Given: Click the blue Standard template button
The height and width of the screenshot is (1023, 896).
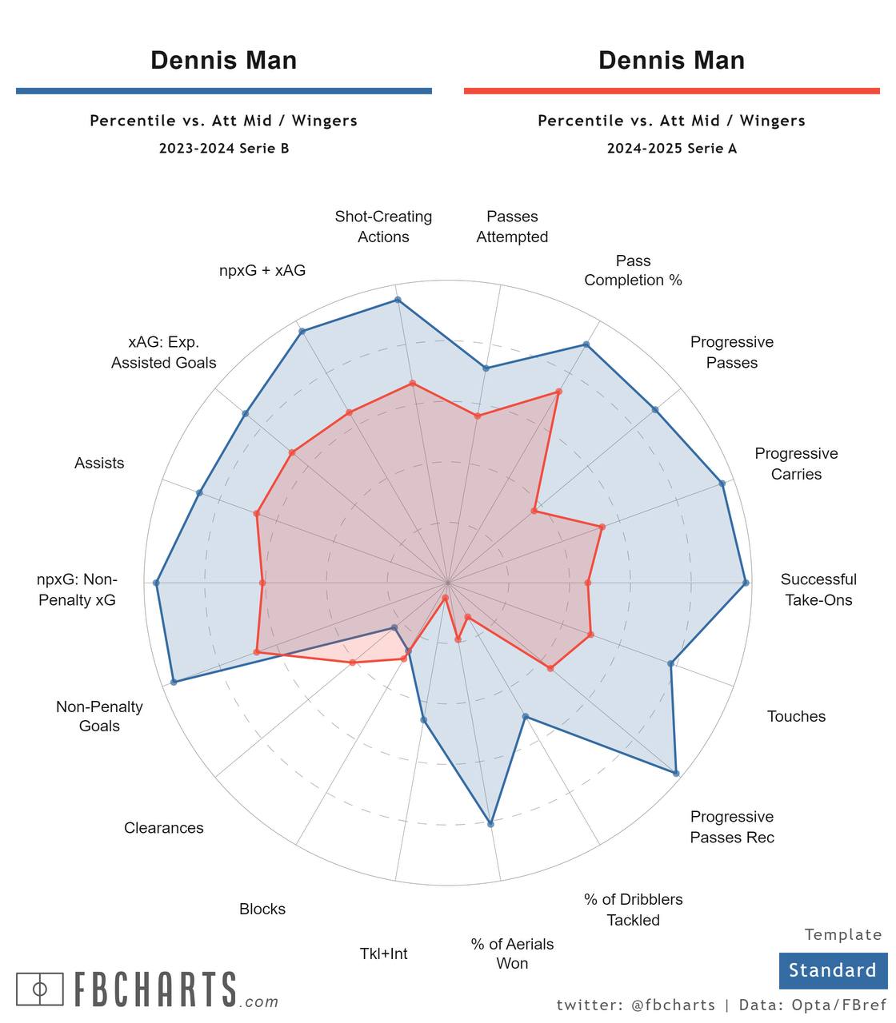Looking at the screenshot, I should click(x=833, y=970).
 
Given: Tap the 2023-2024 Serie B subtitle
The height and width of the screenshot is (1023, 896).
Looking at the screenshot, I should click(x=223, y=148).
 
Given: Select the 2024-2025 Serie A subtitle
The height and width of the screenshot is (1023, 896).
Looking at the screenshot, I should click(x=671, y=148).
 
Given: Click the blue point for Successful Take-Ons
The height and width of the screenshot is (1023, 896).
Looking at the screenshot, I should click(x=746, y=583).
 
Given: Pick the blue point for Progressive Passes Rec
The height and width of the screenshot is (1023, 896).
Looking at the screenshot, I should click(x=676, y=773).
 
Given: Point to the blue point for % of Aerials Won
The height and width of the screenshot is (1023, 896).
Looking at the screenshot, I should click(x=490, y=823).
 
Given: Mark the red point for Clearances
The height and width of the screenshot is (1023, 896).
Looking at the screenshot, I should click(x=353, y=663).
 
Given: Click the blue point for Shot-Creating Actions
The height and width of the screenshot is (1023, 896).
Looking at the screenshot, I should click(x=398, y=300).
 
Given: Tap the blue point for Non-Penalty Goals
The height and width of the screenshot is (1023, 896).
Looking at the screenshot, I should click(x=174, y=682).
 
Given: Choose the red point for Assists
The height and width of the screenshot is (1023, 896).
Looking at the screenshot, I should click(x=257, y=513).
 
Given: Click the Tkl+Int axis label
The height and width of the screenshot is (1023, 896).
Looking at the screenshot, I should click(x=383, y=953).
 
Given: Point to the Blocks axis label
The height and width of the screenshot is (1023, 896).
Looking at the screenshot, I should click(x=262, y=909).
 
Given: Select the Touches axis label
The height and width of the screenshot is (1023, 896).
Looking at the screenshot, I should click(x=796, y=716).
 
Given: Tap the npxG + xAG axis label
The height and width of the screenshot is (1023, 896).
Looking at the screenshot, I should click(x=262, y=270).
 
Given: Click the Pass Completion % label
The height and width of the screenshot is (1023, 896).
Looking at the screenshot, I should click(x=633, y=270).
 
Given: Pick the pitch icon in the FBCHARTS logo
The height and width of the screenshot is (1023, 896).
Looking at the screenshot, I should click(x=40, y=989).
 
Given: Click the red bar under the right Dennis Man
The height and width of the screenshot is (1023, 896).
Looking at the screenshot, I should click(x=671, y=91).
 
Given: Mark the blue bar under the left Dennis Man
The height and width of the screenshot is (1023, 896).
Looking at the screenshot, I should click(x=223, y=91).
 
